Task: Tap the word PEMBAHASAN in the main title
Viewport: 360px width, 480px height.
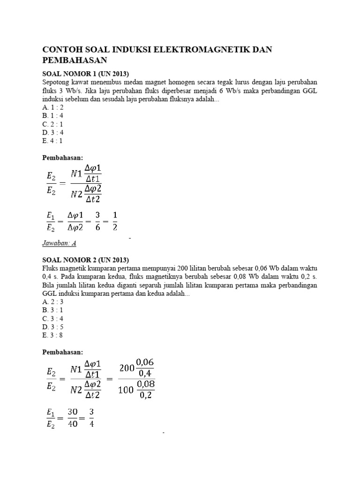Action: [x=75, y=60]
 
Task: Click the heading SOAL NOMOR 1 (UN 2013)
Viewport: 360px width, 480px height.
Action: [x=85, y=74]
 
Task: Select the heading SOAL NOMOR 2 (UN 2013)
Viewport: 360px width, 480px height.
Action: [x=85, y=260]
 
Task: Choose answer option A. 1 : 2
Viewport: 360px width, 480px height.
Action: [x=52, y=107]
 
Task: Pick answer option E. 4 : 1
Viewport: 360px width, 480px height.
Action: [x=52, y=140]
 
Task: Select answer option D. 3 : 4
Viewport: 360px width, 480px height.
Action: [x=52, y=132]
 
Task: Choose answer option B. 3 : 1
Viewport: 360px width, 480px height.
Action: [x=52, y=310]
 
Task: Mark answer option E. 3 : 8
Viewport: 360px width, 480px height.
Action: [x=52, y=335]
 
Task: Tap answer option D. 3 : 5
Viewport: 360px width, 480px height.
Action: [x=52, y=326]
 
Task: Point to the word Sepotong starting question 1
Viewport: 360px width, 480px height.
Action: [x=56, y=82]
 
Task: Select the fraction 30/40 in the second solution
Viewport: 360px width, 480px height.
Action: [x=72, y=414]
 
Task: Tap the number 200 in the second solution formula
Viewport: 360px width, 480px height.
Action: [x=127, y=368]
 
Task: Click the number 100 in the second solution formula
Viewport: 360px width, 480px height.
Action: [x=127, y=390]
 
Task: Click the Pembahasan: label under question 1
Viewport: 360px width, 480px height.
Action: [x=62, y=158]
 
